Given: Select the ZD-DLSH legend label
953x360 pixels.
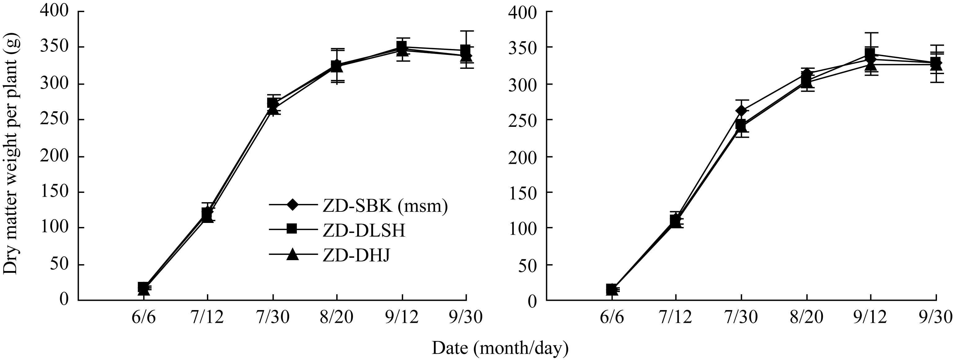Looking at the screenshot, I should (364, 230).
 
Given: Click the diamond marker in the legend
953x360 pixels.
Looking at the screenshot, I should (293, 205).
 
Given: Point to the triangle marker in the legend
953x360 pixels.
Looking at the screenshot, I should (293, 255).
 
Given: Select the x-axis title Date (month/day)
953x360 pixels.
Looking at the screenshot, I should (500, 348).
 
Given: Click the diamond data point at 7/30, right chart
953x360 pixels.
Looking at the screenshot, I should (741, 111).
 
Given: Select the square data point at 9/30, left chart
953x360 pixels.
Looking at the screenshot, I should (466, 50).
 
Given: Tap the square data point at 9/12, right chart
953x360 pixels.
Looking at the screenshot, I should (871, 53).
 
